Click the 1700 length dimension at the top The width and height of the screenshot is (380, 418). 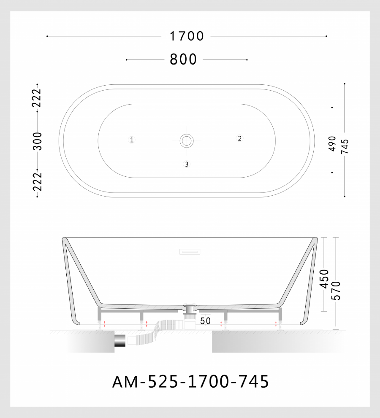coord(187,36)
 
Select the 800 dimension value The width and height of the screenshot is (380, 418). coord(183,59)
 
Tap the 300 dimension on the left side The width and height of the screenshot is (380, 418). coord(38,141)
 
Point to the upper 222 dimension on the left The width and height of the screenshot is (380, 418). coord(37,98)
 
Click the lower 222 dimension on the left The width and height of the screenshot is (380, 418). coord(37,182)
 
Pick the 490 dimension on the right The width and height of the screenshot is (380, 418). coord(332,143)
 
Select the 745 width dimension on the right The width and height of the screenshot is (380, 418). coord(345,146)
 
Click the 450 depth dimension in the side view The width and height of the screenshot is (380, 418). coord(324,279)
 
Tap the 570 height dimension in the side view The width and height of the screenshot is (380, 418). coord(336,291)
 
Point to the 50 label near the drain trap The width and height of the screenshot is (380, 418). coord(205,321)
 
